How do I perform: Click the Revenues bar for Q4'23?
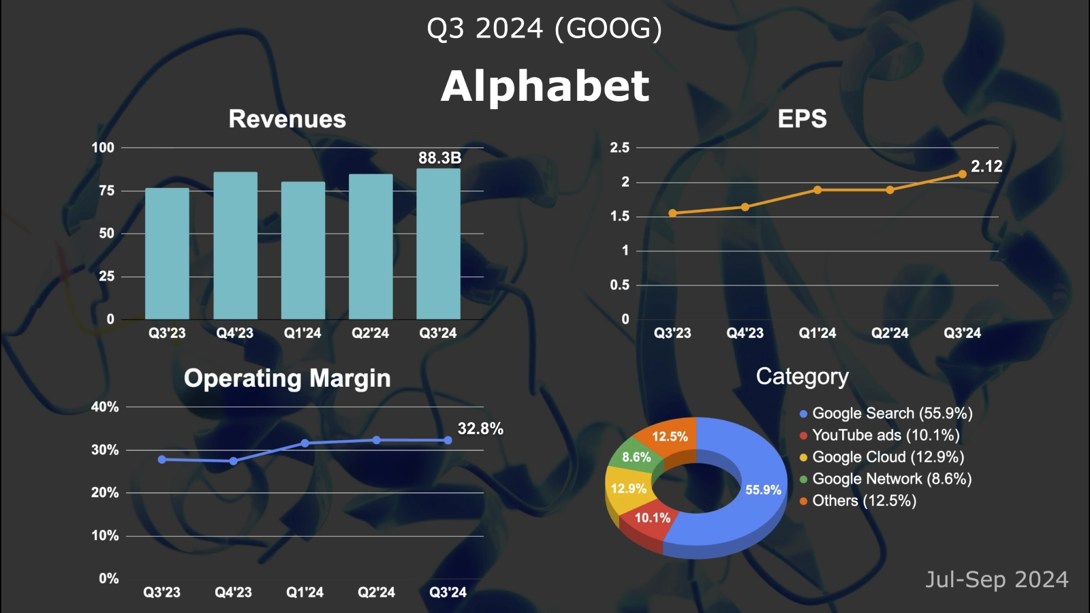coord(235,245)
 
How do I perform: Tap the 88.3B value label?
coord(439,158)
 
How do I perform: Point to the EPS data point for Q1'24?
coord(817,190)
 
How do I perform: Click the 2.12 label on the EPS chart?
coord(986,166)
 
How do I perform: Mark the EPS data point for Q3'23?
coord(672,213)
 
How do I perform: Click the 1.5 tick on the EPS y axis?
coord(619,217)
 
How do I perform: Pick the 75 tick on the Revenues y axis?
coord(106,191)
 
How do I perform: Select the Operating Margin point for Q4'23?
coord(233,461)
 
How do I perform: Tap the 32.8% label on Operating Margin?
coord(480,428)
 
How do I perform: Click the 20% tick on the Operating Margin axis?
coord(105,492)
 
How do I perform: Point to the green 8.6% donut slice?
coord(636,458)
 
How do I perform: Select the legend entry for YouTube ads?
coord(885,435)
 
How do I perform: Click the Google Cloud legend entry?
coord(887,457)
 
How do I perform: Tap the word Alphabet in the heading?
coord(545,87)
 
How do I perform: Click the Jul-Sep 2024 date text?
coord(996,580)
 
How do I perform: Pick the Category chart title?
coord(802,377)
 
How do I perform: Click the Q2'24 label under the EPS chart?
coord(890,333)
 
